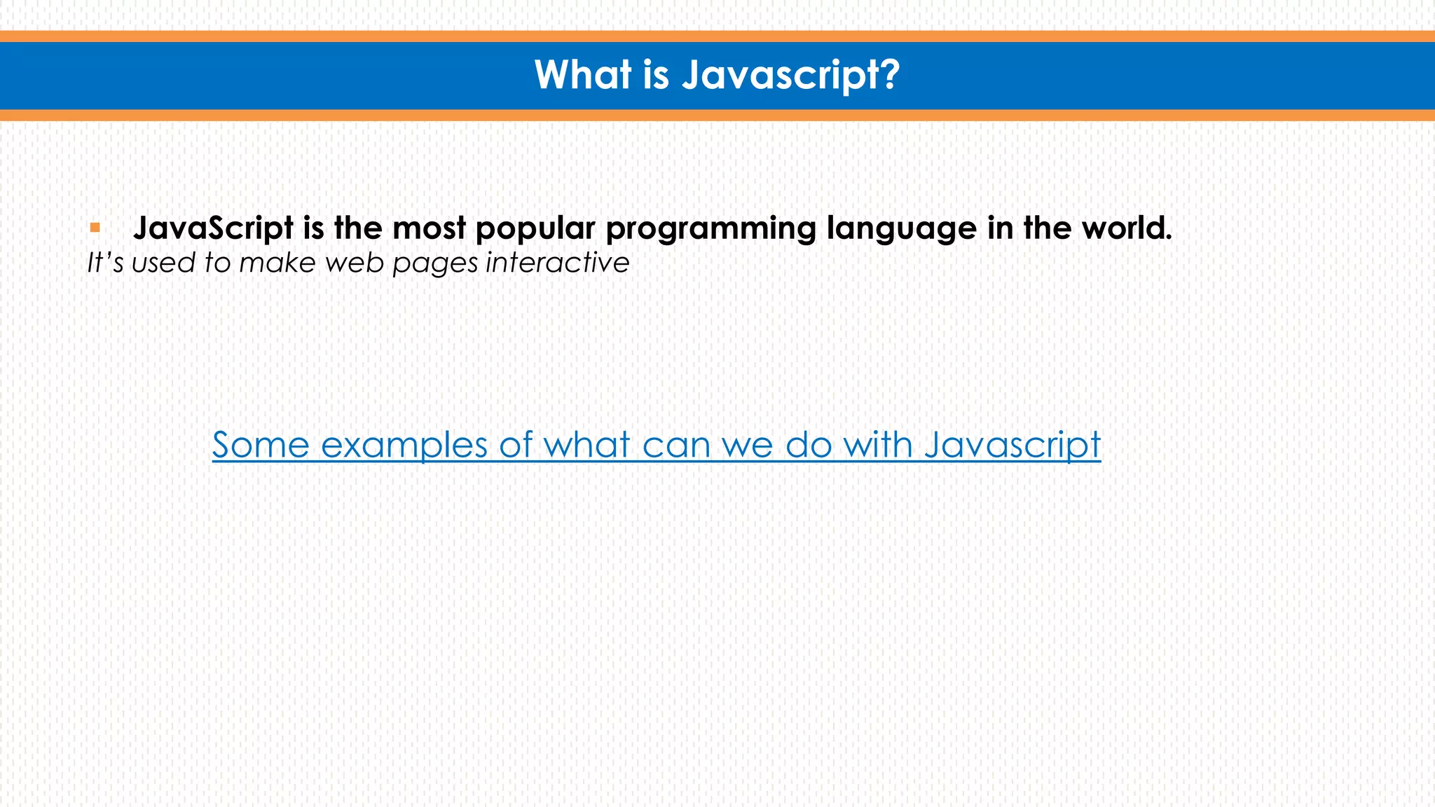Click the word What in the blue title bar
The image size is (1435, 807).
click(583, 74)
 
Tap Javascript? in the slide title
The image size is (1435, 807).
click(790, 76)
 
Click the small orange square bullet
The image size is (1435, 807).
click(95, 228)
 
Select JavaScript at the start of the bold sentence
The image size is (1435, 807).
click(214, 228)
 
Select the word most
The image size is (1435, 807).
click(429, 228)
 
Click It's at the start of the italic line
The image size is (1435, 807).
click(105, 263)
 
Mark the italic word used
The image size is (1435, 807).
click(163, 263)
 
